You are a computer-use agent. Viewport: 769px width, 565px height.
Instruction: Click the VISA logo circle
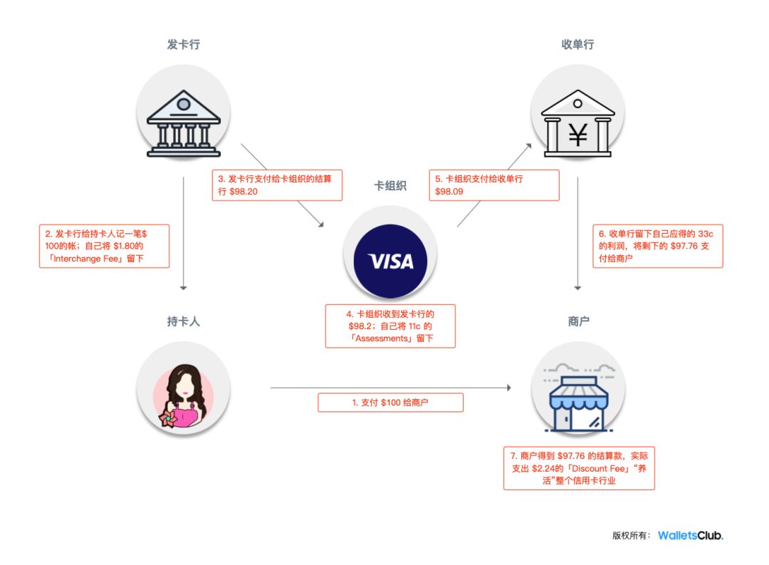(390, 261)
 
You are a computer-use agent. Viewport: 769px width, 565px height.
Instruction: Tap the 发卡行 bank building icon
(183, 122)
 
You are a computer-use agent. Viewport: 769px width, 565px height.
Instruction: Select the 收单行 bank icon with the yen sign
(577, 122)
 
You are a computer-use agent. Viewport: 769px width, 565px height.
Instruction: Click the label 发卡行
(183, 45)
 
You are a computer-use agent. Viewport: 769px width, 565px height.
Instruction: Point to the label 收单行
(577, 45)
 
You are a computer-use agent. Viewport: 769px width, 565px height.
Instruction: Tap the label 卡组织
(390, 186)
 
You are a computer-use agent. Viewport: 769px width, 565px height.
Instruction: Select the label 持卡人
(183, 321)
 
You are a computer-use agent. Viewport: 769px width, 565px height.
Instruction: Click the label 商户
(577, 321)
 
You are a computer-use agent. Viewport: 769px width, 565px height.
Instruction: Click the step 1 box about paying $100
(390, 403)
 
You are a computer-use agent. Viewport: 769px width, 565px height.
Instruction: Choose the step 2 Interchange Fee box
(105, 246)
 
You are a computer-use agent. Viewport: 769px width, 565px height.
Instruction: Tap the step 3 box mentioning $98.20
(277, 185)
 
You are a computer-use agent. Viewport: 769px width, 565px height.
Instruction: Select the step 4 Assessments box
(390, 326)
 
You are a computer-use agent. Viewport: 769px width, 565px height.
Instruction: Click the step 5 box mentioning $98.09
(493, 185)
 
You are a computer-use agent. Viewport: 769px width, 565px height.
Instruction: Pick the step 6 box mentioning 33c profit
(657, 247)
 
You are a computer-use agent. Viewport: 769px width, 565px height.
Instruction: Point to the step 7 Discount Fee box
(578, 467)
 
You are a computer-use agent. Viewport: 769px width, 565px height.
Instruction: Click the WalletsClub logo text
(690, 536)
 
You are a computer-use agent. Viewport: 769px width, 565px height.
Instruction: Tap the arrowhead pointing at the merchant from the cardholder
(508, 388)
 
